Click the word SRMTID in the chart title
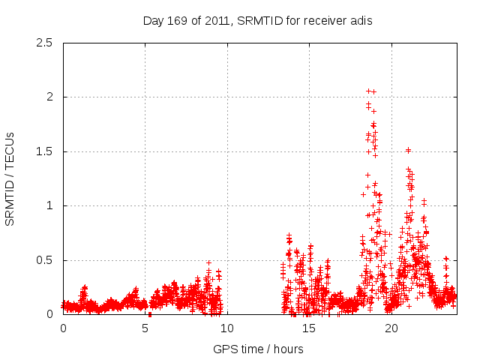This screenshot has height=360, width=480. [x=259, y=21]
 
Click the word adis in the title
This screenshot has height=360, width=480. [x=360, y=21]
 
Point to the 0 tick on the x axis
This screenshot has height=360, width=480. [x=63, y=328]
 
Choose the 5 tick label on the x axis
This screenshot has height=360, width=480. [x=145, y=328]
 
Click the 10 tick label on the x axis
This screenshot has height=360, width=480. [x=226, y=328]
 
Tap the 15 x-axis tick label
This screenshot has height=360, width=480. [x=308, y=328]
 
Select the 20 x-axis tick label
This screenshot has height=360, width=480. [x=390, y=328]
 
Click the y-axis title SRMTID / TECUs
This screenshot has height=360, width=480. [x=10, y=178]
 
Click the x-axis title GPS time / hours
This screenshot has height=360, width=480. [x=258, y=349]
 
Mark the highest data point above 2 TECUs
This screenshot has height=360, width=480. [x=368, y=91]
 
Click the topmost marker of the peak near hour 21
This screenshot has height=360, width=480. [x=408, y=150]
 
